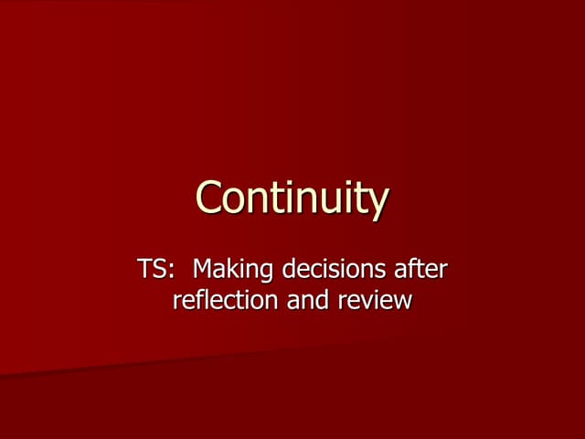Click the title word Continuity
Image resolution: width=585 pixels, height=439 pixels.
[292, 198]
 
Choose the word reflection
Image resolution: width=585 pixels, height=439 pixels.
[227, 299]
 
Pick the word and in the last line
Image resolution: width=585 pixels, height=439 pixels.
[307, 299]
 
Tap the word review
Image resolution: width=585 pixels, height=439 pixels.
[374, 299]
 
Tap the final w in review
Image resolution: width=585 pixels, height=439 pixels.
[402, 301]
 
